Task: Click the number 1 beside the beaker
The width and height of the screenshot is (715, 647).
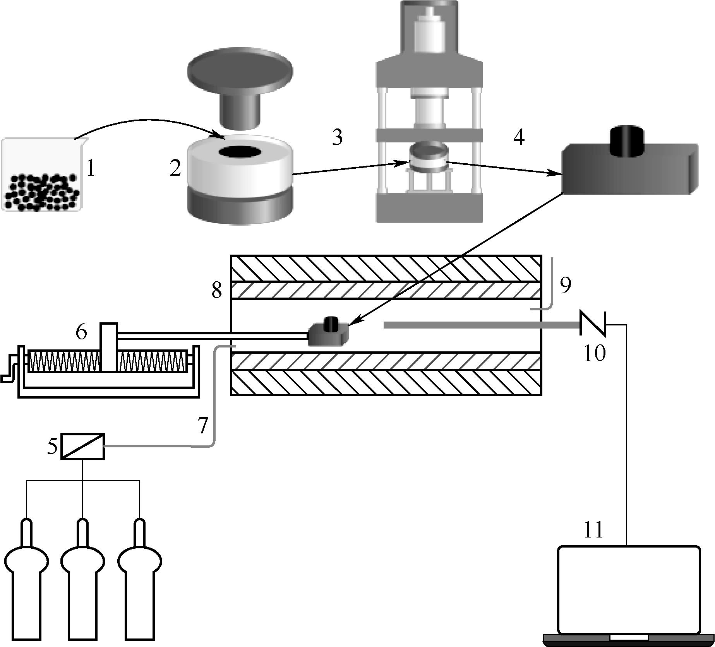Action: coord(91,168)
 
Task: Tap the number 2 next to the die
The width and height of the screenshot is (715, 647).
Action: coord(175,168)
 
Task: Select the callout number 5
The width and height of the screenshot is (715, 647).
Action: coord(52,446)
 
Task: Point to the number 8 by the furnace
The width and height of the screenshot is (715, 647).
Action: coord(217,289)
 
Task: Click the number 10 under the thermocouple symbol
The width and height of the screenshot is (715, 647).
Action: coord(594,353)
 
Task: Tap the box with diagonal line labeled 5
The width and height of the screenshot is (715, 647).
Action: coord(83,446)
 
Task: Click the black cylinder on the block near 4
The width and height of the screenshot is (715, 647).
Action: coord(627,141)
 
